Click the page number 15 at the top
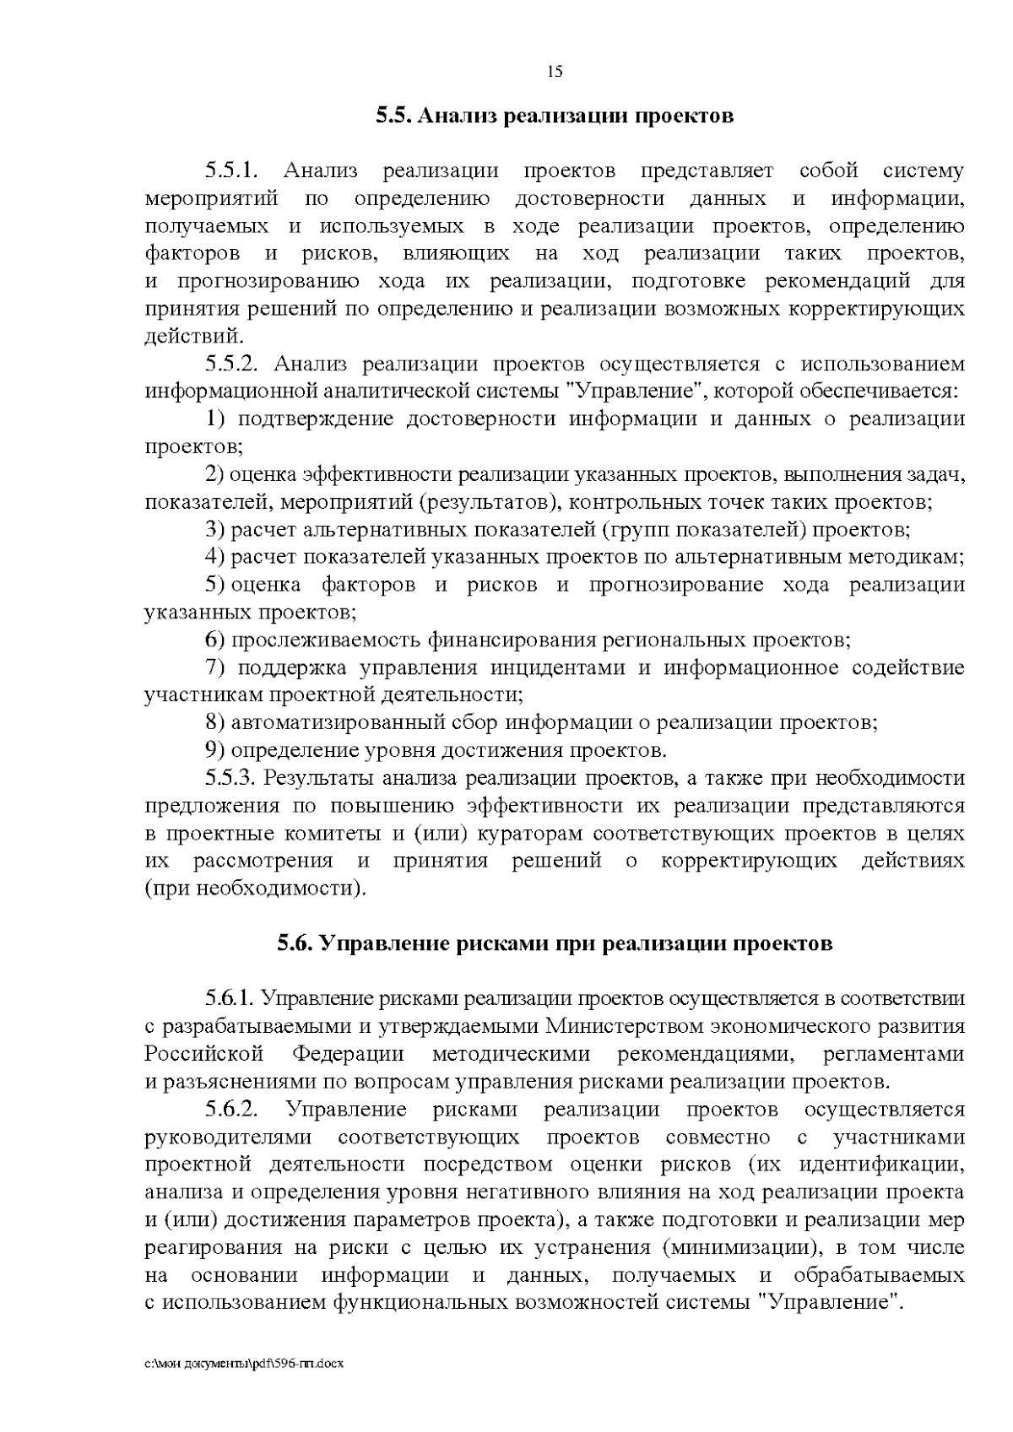click(555, 72)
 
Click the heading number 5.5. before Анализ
click(393, 116)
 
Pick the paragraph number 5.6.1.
click(230, 999)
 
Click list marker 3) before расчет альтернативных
click(214, 530)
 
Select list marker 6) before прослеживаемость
click(214, 640)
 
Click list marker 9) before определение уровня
click(214, 750)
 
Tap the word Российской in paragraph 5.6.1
click(204, 1055)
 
